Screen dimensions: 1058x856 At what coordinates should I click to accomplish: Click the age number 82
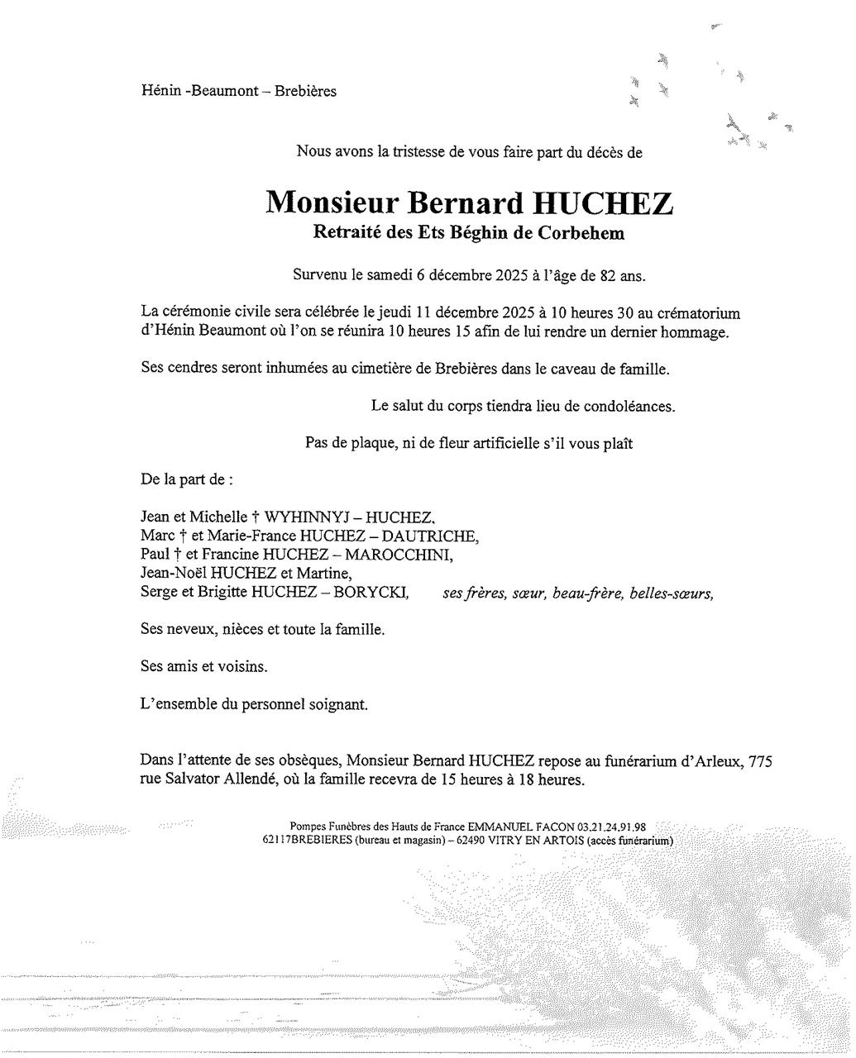[608, 276]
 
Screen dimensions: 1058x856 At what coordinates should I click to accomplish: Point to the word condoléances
[629, 406]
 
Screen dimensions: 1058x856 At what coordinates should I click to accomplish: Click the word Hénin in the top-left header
[160, 91]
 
